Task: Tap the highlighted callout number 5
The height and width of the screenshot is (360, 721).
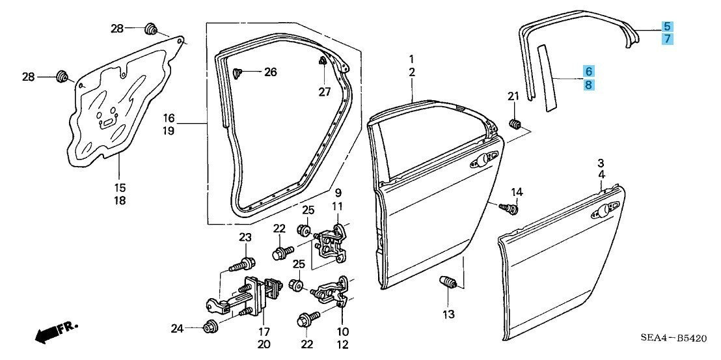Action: point(667,27)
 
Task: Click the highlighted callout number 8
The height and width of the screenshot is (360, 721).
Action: point(589,84)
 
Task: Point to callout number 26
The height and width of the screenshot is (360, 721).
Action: point(270,72)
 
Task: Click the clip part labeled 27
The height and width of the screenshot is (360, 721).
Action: point(323,62)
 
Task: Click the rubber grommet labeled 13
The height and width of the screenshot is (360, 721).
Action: point(447,283)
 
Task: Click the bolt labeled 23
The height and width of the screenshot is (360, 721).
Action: point(245,264)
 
